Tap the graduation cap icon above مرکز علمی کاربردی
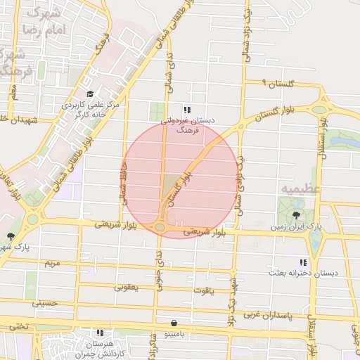[x=89, y=94]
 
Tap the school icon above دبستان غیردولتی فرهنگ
[x=187, y=110]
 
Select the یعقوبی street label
[x=127, y=287]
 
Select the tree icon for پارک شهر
[x=10, y=236]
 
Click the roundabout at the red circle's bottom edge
[x=161, y=227]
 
